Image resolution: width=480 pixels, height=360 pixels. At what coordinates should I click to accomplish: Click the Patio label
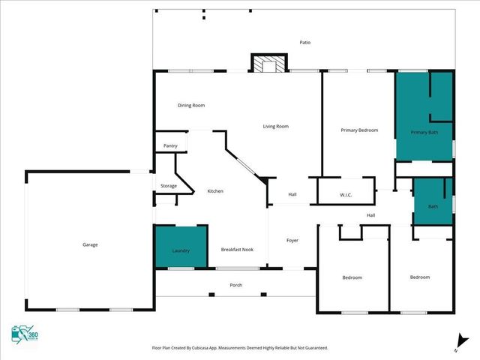(x=304, y=42)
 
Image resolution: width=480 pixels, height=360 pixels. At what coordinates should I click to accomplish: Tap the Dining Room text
(x=191, y=106)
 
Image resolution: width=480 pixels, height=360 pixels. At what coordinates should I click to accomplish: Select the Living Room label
(x=275, y=126)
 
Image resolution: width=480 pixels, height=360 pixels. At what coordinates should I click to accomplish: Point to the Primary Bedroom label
(x=359, y=130)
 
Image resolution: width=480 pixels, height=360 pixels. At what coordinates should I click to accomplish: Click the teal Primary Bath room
(x=424, y=120)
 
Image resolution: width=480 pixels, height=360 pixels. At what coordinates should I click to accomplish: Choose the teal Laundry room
(x=181, y=247)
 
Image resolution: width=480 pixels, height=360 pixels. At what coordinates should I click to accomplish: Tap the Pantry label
(x=170, y=145)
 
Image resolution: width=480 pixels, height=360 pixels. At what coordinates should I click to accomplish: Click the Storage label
(x=169, y=185)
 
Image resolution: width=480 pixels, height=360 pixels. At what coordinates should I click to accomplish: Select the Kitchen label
(x=215, y=191)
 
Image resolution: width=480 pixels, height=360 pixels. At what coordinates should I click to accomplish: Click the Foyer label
(x=292, y=240)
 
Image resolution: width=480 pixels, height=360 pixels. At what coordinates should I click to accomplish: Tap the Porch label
(x=236, y=286)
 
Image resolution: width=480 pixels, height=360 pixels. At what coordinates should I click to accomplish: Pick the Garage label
(x=90, y=244)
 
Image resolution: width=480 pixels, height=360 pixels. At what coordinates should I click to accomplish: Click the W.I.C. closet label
(x=346, y=195)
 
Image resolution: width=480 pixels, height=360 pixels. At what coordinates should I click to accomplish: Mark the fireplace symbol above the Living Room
(x=268, y=64)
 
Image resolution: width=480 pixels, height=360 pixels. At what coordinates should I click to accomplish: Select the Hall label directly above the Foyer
(x=292, y=195)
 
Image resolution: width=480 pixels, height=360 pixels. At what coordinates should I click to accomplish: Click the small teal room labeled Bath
(x=433, y=205)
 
